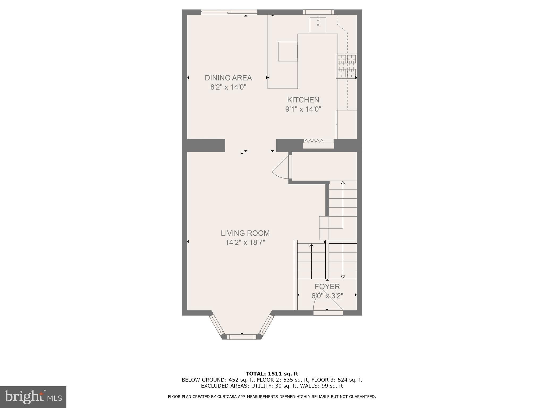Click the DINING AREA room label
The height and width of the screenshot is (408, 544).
[x=228, y=78]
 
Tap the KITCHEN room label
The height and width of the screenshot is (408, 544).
[x=303, y=100]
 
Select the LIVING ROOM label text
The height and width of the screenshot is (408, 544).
[x=245, y=233]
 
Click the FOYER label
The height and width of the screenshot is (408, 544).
[x=327, y=287]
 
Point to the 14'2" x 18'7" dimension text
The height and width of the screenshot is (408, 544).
[x=245, y=243]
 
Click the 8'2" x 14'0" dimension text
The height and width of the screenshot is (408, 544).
[x=228, y=87]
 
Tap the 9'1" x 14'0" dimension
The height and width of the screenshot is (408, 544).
[x=303, y=109]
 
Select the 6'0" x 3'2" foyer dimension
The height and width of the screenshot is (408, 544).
[x=327, y=296]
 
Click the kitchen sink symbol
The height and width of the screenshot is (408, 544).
[x=318, y=25]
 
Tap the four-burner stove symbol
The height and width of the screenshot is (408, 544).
[x=346, y=66]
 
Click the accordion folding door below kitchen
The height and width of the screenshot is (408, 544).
[x=314, y=141]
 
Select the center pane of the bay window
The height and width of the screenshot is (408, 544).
[x=242, y=337]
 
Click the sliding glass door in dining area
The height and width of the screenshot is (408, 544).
[x=229, y=11]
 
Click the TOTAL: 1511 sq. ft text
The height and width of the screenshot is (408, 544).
[x=272, y=374]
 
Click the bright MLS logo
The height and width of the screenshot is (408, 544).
[x=33, y=397]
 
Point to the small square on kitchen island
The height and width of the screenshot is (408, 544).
[x=288, y=52]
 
